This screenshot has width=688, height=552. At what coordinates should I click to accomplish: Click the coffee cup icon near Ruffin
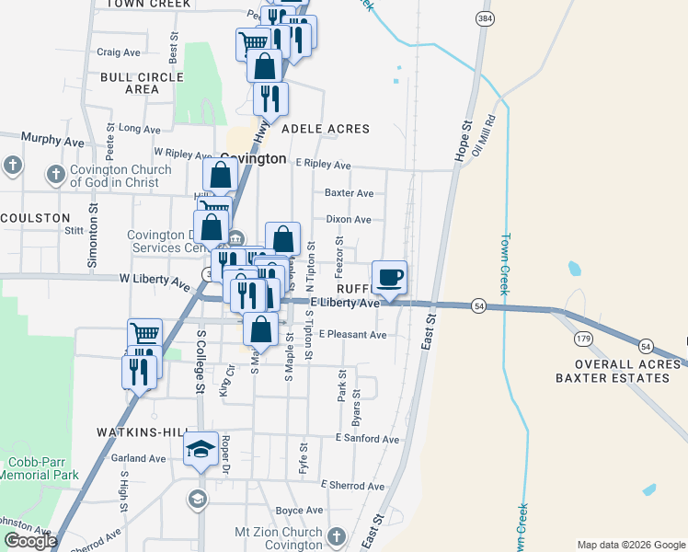pos(390,276)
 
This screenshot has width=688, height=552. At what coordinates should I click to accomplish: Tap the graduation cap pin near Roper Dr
pos(201,449)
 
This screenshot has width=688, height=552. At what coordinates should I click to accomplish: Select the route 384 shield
pos(483,18)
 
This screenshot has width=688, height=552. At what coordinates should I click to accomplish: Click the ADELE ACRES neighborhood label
pos(326,130)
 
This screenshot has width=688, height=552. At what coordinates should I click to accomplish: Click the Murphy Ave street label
pos(53,141)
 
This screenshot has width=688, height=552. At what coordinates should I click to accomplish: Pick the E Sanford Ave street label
pos(368,439)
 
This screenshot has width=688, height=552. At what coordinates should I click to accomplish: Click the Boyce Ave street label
pos(299,511)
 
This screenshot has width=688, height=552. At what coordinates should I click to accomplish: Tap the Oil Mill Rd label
pos(485,134)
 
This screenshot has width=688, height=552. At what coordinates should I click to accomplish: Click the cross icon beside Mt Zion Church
pos(337,536)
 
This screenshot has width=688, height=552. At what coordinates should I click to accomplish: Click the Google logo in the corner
pos(30,541)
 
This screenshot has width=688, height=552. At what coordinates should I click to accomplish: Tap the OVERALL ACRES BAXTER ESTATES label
pos(618,371)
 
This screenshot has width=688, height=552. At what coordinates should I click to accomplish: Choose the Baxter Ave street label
pos(349,194)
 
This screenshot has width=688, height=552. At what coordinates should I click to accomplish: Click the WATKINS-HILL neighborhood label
pos(139,431)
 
